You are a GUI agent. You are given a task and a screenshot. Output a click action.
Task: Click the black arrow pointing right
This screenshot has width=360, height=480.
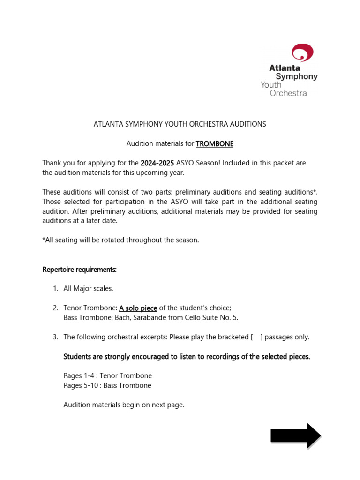tap(295, 436)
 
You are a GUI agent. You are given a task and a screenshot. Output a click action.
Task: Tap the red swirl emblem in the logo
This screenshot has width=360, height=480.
tap(302, 52)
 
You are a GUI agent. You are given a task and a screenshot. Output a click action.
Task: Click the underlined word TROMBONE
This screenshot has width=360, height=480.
tap(215, 144)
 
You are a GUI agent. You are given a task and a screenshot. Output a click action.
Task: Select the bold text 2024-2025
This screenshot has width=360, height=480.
tap(157, 163)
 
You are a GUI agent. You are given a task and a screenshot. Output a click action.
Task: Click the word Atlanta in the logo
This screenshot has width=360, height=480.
tap(285, 68)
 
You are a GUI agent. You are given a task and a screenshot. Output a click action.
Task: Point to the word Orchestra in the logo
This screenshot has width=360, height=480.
tap(288, 93)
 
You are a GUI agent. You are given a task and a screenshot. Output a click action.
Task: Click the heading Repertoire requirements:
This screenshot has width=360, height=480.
tap(79, 270)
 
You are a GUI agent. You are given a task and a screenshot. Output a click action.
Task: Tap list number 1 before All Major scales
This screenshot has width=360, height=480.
tap(55, 289)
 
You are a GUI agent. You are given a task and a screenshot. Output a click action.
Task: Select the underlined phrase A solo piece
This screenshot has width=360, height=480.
tap(138, 308)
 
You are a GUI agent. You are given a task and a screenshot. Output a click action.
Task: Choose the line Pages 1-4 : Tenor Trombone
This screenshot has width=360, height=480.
tap(107, 376)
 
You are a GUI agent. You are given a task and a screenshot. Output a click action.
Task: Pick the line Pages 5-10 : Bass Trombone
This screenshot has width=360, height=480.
tap(107, 386)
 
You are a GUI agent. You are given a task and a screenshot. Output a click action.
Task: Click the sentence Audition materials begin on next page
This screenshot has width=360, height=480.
tap(124, 405)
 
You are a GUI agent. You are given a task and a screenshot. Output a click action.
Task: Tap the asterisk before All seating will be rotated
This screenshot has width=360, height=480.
tap(44, 240)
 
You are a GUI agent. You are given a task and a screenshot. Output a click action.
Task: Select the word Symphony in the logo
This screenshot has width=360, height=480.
tap(297, 76)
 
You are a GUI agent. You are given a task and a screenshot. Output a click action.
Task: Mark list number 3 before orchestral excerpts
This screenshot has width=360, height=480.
tap(55, 337)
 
